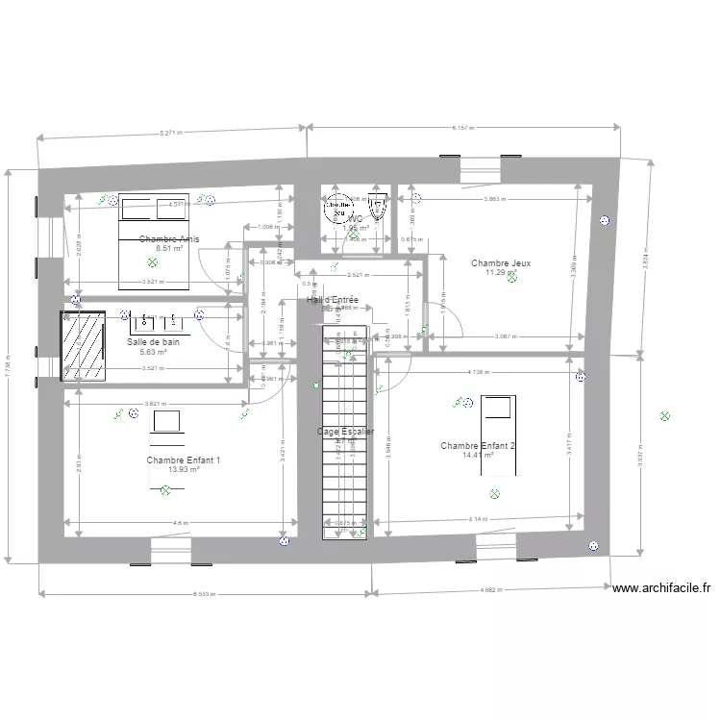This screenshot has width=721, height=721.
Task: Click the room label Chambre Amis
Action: [169, 238]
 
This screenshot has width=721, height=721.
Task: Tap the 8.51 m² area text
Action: [169, 248]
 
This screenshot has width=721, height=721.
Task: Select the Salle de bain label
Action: [153, 342]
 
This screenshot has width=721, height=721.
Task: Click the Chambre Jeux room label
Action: [501, 262]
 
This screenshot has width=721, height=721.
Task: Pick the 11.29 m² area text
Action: [501, 272]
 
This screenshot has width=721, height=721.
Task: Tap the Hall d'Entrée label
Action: [333, 300]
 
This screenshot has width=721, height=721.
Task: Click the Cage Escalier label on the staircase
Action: [345, 432]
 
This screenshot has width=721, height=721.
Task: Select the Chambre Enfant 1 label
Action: [184, 460]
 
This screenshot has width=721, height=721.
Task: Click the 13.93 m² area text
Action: [184, 470]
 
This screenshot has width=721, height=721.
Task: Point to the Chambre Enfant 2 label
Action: [478, 446]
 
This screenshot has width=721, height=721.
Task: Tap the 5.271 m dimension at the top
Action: [173, 133]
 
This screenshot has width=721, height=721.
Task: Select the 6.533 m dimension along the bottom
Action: [204, 594]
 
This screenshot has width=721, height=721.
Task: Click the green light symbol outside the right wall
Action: [663, 416]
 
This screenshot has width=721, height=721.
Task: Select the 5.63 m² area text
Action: [153, 352]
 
